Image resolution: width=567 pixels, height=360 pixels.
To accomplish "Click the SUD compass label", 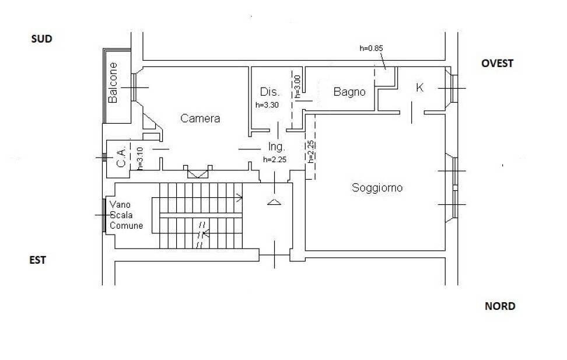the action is point(41,39).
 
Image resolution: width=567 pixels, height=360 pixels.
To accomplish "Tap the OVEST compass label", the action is point(497,64).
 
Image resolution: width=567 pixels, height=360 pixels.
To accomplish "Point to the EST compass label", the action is point(37,260).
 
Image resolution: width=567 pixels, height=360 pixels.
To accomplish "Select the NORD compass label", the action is point(500,306).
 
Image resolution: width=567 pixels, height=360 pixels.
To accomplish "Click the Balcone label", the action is point(113,83).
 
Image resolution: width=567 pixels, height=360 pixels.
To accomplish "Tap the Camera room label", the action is point(200,118).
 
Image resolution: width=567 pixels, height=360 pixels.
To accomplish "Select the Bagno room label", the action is point(349,92).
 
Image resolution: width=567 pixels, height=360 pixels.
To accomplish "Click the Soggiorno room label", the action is point(377,188).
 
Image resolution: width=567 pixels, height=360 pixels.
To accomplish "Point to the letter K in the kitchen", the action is point(419,87).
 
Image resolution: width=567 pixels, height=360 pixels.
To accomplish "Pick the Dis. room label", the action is point(269,92).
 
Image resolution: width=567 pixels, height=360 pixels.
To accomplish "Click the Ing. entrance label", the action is point(276,147).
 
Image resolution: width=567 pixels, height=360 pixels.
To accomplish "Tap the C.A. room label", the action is point(121,157).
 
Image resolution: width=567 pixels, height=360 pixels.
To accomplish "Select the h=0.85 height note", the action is point(372,48).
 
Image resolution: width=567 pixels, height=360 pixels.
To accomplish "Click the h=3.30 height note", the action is point(267,105).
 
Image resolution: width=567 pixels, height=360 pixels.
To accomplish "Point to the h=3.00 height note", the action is point(297,86).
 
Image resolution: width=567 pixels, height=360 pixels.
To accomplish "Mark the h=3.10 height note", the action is point(140,159).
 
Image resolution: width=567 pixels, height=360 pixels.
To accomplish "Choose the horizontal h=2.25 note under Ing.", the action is point(275,159).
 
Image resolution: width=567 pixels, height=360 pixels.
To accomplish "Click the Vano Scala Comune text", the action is point(126,215).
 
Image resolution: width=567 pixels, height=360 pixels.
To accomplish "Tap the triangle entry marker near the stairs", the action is point(274,202).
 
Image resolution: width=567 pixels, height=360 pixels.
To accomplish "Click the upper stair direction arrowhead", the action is point(239,198).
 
